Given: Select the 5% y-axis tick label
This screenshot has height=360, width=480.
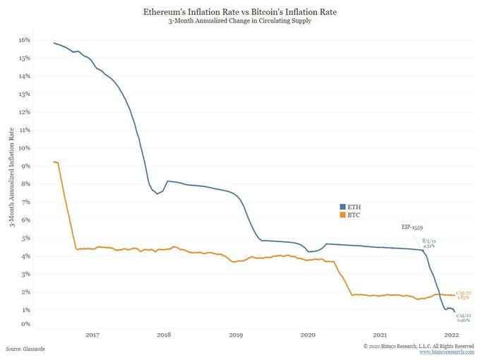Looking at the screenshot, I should click(25, 238).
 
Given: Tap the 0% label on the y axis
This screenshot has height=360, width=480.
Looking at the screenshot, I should click(25, 324).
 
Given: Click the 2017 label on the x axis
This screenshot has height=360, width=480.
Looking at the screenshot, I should click(92, 335).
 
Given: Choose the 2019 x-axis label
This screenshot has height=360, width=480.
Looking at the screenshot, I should click(236, 335).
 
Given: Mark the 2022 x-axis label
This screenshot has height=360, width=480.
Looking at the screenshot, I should click(452, 335).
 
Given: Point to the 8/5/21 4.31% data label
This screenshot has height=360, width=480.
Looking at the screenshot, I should click(429, 242).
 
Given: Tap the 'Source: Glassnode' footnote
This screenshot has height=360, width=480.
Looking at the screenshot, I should click(26, 349).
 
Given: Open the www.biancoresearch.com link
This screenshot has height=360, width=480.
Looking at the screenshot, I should click(445, 352).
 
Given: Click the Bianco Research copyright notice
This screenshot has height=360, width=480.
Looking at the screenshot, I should click(419, 346).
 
